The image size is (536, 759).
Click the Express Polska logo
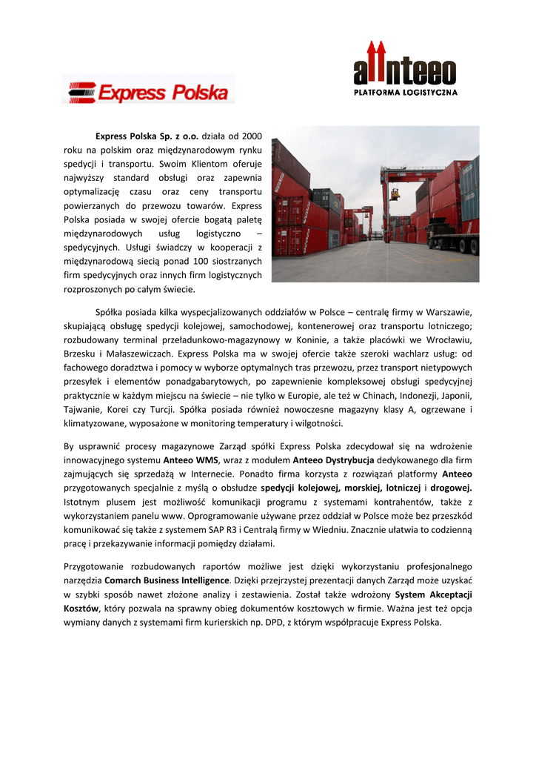click(x=148, y=93)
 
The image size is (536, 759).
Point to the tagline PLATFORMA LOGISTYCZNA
click(x=405, y=93)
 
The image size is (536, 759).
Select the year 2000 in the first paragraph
click(x=252, y=137)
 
